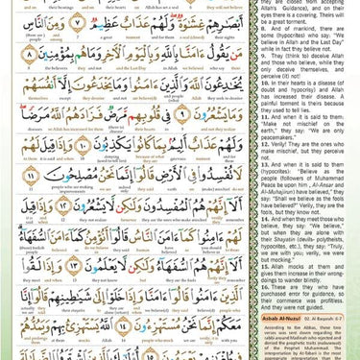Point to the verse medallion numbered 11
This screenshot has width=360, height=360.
[30, 177]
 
